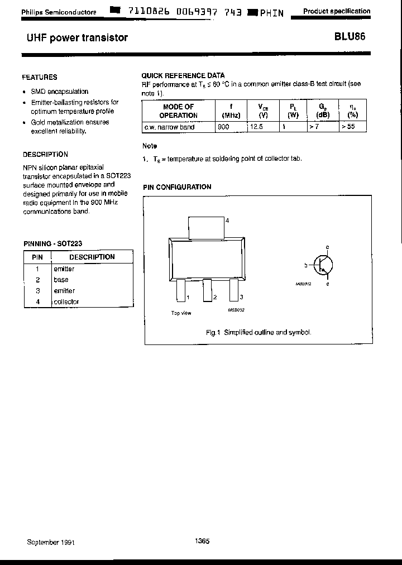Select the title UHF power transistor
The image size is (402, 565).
(x=77, y=38)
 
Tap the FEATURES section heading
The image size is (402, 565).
(x=40, y=77)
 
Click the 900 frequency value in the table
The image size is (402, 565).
(x=223, y=127)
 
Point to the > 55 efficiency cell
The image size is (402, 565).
(x=349, y=127)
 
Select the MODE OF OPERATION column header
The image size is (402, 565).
(x=178, y=111)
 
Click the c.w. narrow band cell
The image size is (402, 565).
(x=169, y=127)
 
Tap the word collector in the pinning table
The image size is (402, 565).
(x=66, y=301)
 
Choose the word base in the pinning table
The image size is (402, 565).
(x=61, y=280)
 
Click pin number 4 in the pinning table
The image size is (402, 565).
(x=37, y=301)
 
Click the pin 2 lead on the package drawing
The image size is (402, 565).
(x=207, y=290)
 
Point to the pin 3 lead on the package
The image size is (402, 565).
(x=233, y=290)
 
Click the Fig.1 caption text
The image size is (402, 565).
(x=259, y=332)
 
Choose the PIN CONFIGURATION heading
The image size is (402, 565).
(x=177, y=187)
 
